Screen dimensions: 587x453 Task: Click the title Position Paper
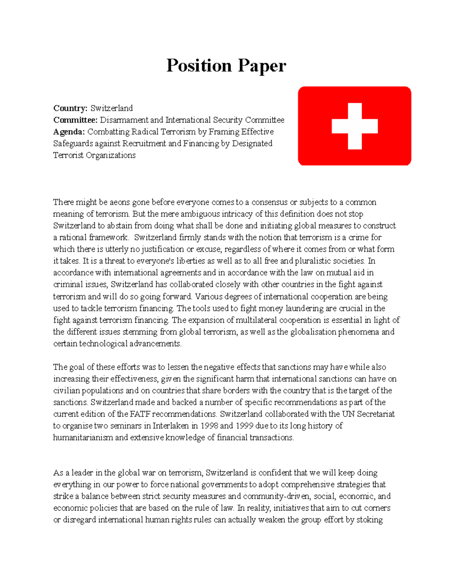click(226, 66)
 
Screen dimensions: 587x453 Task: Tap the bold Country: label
click(70, 108)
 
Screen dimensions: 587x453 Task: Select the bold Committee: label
click(75, 120)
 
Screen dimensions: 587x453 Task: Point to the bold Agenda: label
click(69, 132)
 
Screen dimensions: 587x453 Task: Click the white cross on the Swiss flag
click(354, 126)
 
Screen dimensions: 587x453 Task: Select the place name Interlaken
click(171, 426)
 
